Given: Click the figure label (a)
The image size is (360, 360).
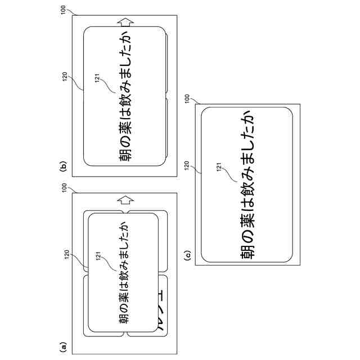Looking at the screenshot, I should (64, 346).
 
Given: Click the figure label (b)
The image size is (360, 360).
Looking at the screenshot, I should (64, 166).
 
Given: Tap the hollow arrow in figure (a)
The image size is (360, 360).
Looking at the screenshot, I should (125, 199).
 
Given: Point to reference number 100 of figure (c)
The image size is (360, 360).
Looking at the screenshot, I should (188, 98).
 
